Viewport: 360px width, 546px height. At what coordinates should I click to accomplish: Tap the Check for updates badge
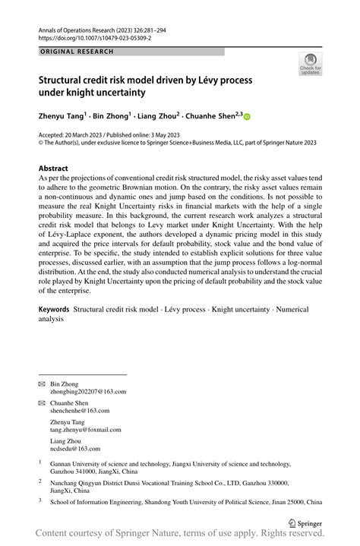click(x=310, y=65)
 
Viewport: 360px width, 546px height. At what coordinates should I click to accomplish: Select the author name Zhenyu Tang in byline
click(x=63, y=116)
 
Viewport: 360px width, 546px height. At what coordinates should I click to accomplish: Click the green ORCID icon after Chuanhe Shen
click(x=246, y=117)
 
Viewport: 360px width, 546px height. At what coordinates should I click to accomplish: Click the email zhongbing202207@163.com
click(x=88, y=392)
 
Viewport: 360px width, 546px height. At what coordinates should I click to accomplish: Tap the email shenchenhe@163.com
click(x=80, y=410)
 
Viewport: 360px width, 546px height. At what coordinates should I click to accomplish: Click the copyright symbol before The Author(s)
click(x=41, y=142)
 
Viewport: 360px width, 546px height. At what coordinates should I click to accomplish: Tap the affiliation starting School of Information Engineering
click(x=186, y=502)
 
